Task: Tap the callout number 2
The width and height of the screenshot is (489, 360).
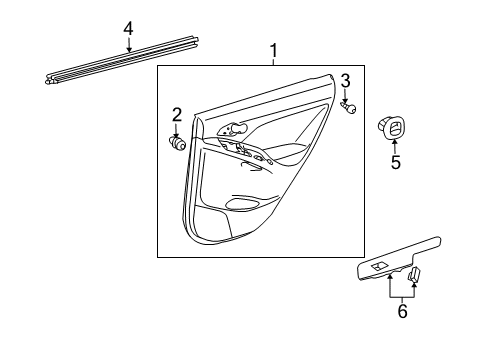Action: pyautogui.click(x=176, y=114)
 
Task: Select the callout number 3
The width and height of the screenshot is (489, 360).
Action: pyautogui.click(x=345, y=81)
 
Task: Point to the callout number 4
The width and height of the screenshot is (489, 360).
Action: pyautogui.click(x=128, y=28)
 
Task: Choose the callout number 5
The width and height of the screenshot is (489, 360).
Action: pyautogui.click(x=395, y=162)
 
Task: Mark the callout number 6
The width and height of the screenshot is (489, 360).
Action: pyautogui.click(x=401, y=313)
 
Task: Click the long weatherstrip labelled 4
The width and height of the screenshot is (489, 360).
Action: pyautogui.click(x=120, y=65)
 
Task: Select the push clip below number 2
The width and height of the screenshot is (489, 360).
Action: pyautogui.click(x=178, y=143)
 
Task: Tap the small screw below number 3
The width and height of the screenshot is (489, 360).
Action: pyautogui.click(x=350, y=109)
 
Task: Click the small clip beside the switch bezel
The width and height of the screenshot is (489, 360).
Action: pyautogui.click(x=415, y=276)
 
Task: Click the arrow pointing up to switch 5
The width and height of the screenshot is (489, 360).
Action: pyautogui.click(x=394, y=146)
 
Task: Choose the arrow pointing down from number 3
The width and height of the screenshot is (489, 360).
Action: pyautogui.click(x=346, y=95)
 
